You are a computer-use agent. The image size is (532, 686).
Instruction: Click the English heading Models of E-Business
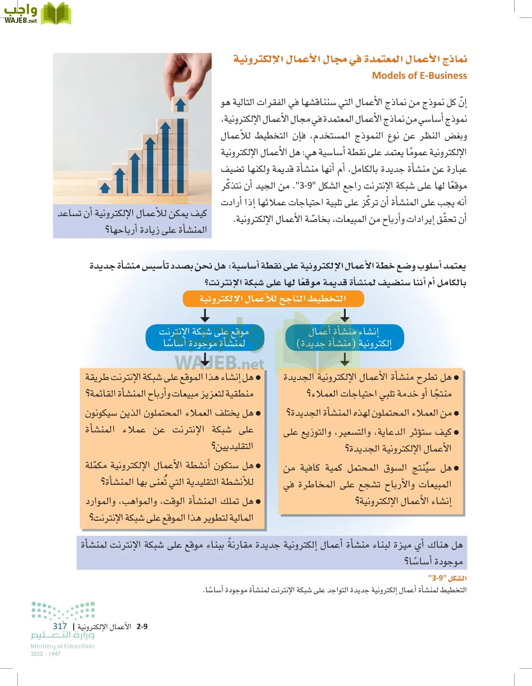(x=419, y=75)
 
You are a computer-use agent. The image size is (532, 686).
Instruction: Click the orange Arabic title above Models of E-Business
(x=350, y=59)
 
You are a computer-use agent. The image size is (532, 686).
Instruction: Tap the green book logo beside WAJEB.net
(x=56, y=14)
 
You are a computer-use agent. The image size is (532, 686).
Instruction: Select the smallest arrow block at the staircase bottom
(x=104, y=188)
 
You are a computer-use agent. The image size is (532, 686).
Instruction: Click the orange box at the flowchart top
(x=273, y=299)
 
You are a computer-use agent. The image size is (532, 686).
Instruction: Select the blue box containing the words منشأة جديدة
(x=344, y=337)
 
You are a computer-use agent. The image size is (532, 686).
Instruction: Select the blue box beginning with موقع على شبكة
(x=205, y=337)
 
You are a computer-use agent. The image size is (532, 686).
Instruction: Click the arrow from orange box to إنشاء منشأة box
(x=345, y=315)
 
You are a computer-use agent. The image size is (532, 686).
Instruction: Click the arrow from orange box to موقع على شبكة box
(x=205, y=315)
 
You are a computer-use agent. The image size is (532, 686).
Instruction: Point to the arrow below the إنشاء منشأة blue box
(x=345, y=359)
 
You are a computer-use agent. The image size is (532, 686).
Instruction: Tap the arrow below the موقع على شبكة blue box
(x=205, y=359)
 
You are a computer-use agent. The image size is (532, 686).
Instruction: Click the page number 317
(x=60, y=626)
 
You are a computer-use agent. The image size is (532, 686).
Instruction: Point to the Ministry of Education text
(x=62, y=646)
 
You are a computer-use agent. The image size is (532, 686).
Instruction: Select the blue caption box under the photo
(x=132, y=221)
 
